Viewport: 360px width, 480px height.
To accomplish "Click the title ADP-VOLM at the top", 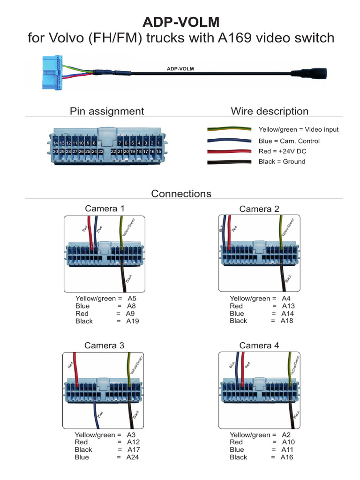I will point(180,22).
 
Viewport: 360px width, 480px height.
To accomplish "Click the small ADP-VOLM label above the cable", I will point(180,68).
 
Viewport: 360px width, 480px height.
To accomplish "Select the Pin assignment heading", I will point(107,111).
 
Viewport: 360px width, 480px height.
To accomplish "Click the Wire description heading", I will point(270,111).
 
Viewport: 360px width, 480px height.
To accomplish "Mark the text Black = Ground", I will point(282,162).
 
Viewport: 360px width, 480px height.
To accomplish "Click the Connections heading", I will point(181,194).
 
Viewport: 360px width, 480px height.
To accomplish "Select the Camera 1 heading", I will point(105,209).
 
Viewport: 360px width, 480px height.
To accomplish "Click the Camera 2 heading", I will point(259,209).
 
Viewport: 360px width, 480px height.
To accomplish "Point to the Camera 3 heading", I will point(104,345).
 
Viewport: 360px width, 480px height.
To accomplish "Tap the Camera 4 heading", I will point(259,345).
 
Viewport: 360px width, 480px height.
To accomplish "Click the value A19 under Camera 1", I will point(133,322).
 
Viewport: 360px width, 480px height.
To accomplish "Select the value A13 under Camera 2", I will point(288,306).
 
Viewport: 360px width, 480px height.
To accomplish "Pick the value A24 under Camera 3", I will point(133,457).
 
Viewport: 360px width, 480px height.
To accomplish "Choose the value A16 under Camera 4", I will point(287,457).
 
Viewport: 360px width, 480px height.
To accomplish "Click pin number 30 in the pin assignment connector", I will point(56,152).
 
